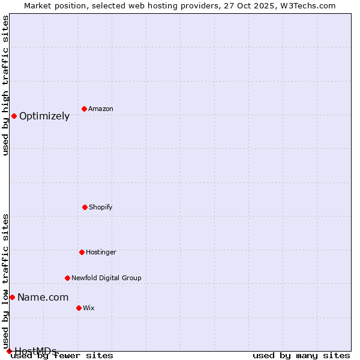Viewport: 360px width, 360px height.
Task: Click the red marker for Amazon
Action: [84, 109]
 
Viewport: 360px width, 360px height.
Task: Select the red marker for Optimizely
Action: [14, 116]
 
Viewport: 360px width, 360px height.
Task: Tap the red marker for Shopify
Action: [85, 207]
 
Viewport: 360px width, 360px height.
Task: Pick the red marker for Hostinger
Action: [82, 252]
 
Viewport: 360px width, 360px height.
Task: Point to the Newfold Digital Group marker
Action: [67, 278]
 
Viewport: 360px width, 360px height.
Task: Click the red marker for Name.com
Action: [12, 297]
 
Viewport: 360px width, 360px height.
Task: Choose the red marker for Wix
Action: [79, 308]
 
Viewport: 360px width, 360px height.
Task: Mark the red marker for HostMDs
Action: [9, 351]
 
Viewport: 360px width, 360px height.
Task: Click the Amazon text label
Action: [101, 109]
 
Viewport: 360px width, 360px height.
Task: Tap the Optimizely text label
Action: [44, 116]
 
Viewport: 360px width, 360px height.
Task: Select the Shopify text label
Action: [101, 208]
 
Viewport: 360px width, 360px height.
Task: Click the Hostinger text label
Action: [101, 253]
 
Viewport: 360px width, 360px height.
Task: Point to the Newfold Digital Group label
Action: [106, 278]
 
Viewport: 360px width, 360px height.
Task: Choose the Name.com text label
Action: [43, 298]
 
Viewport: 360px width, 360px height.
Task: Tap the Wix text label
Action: [89, 308]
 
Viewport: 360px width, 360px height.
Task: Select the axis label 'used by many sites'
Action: [301, 356]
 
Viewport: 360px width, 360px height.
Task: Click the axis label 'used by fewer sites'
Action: [62, 356]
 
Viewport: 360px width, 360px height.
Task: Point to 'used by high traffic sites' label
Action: [6, 85]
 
